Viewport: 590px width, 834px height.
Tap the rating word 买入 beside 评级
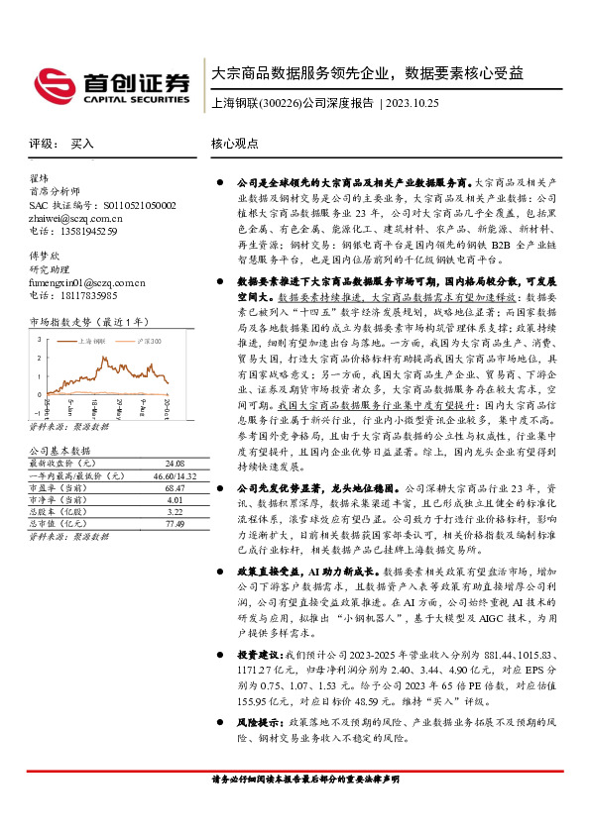click(x=82, y=144)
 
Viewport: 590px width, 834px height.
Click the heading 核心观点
click(x=235, y=144)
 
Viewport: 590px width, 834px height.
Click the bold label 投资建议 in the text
click(x=260, y=655)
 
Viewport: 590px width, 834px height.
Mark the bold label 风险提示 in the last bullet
click(x=260, y=723)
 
